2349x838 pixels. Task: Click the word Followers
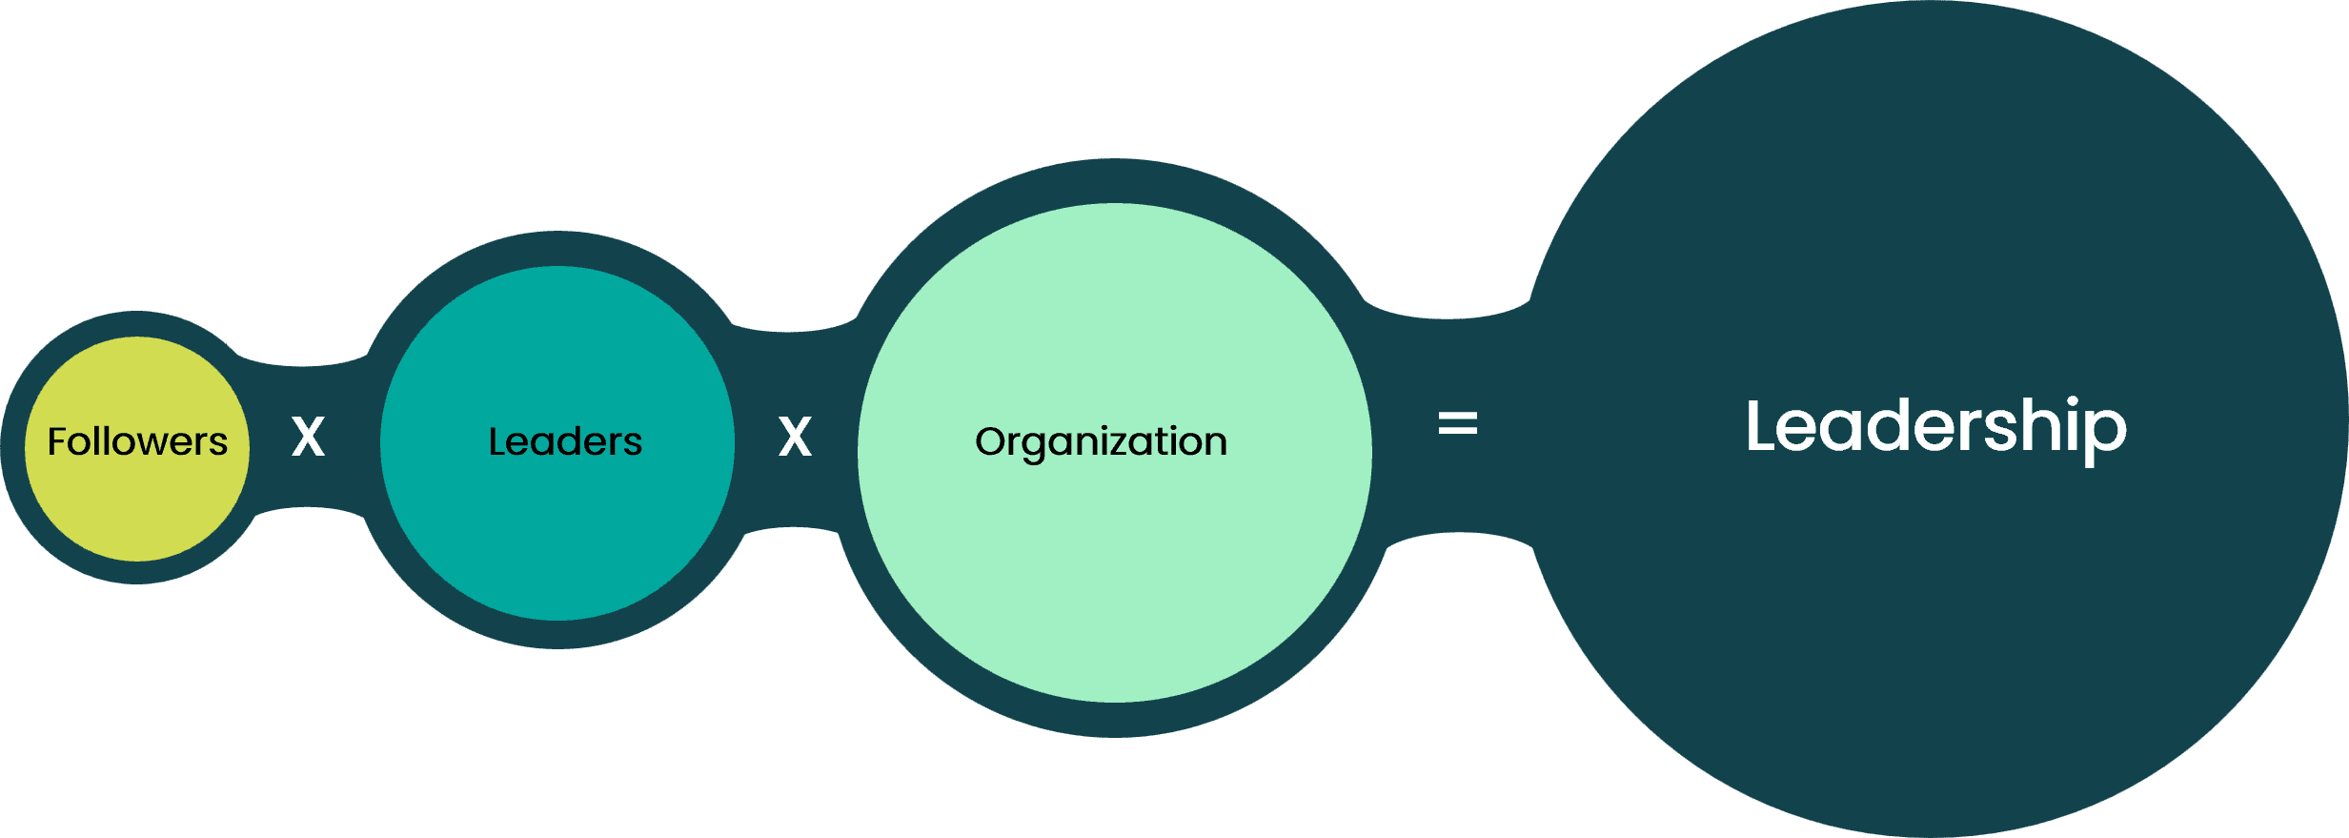point(138,441)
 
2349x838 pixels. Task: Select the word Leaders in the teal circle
point(565,441)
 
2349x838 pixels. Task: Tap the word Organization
point(1101,443)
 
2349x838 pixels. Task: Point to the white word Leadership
point(1935,430)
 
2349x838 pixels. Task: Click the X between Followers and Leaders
point(308,437)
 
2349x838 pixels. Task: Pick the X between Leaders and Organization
point(795,437)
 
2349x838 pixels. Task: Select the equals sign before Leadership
point(1457,422)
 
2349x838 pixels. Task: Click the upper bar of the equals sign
point(1457,415)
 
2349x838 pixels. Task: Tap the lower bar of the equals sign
point(1457,431)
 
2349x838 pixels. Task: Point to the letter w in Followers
point(142,445)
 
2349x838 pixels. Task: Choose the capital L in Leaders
point(497,441)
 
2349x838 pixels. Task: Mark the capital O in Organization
point(990,441)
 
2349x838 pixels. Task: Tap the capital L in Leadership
point(1761,425)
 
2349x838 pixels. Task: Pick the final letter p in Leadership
point(2109,437)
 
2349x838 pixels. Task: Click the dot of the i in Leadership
point(2074,401)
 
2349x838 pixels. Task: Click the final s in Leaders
point(634,445)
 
